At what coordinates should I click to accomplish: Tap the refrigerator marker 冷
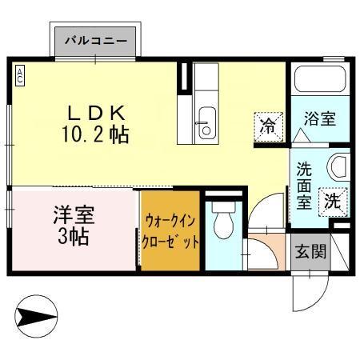coord(267,124)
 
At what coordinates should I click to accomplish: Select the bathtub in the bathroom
coord(319,80)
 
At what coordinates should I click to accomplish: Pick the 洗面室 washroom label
coord(305,185)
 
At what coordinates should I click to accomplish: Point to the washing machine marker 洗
coord(331,202)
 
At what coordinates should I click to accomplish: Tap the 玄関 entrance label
coord(310,252)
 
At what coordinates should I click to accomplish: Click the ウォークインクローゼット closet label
coord(170,230)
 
